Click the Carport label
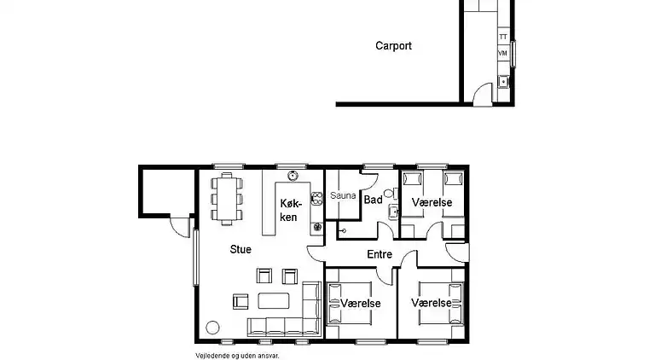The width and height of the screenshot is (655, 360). pyautogui.click(x=393, y=46)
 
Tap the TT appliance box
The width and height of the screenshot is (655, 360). pyautogui.click(x=503, y=37)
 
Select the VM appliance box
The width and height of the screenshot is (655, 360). pyautogui.click(x=503, y=54)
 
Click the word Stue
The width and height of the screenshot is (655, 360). pyautogui.click(x=241, y=249)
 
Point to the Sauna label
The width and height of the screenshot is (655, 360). pyautogui.click(x=343, y=195)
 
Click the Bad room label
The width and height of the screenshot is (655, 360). pyautogui.click(x=373, y=200)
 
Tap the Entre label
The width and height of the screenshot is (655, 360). pyautogui.click(x=380, y=254)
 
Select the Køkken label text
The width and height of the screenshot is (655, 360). pyautogui.click(x=290, y=210)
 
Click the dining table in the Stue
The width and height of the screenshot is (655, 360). pyautogui.click(x=227, y=199)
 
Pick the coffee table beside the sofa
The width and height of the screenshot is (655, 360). pyautogui.click(x=274, y=300)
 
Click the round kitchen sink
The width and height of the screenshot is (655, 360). pyautogui.click(x=293, y=176)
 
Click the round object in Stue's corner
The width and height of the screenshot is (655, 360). pyautogui.click(x=212, y=328)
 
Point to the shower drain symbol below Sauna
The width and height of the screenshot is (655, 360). pyautogui.click(x=343, y=230)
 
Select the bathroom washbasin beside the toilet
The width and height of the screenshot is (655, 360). pyautogui.click(x=393, y=212)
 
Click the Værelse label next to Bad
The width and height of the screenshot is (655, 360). pyautogui.click(x=432, y=202)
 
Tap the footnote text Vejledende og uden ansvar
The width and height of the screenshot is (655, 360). pyautogui.click(x=237, y=356)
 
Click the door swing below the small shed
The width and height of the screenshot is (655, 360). pyautogui.click(x=178, y=228)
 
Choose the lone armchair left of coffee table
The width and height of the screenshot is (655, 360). pyautogui.click(x=241, y=301)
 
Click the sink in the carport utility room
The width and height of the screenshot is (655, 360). pyautogui.click(x=503, y=81)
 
